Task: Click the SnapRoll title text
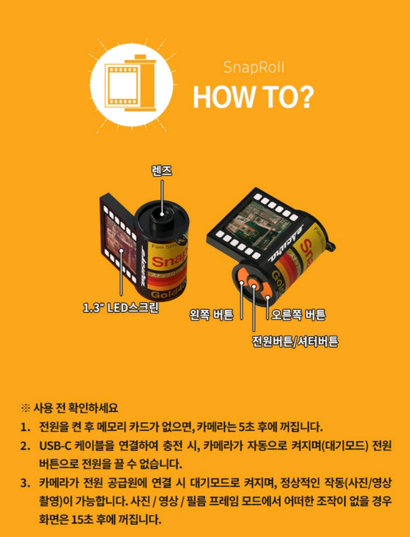(x=254, y=68)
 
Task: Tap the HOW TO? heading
(x=253, y=96)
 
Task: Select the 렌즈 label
(x=162, y=171)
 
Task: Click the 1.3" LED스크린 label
(x=120, y=308)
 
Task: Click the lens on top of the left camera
(x=162, y=213)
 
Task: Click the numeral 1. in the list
(x=26, y=427)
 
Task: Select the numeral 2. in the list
(x=26, y=446)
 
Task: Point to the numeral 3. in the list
(x=26, y=483)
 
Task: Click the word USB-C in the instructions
(x=57, y=446)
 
